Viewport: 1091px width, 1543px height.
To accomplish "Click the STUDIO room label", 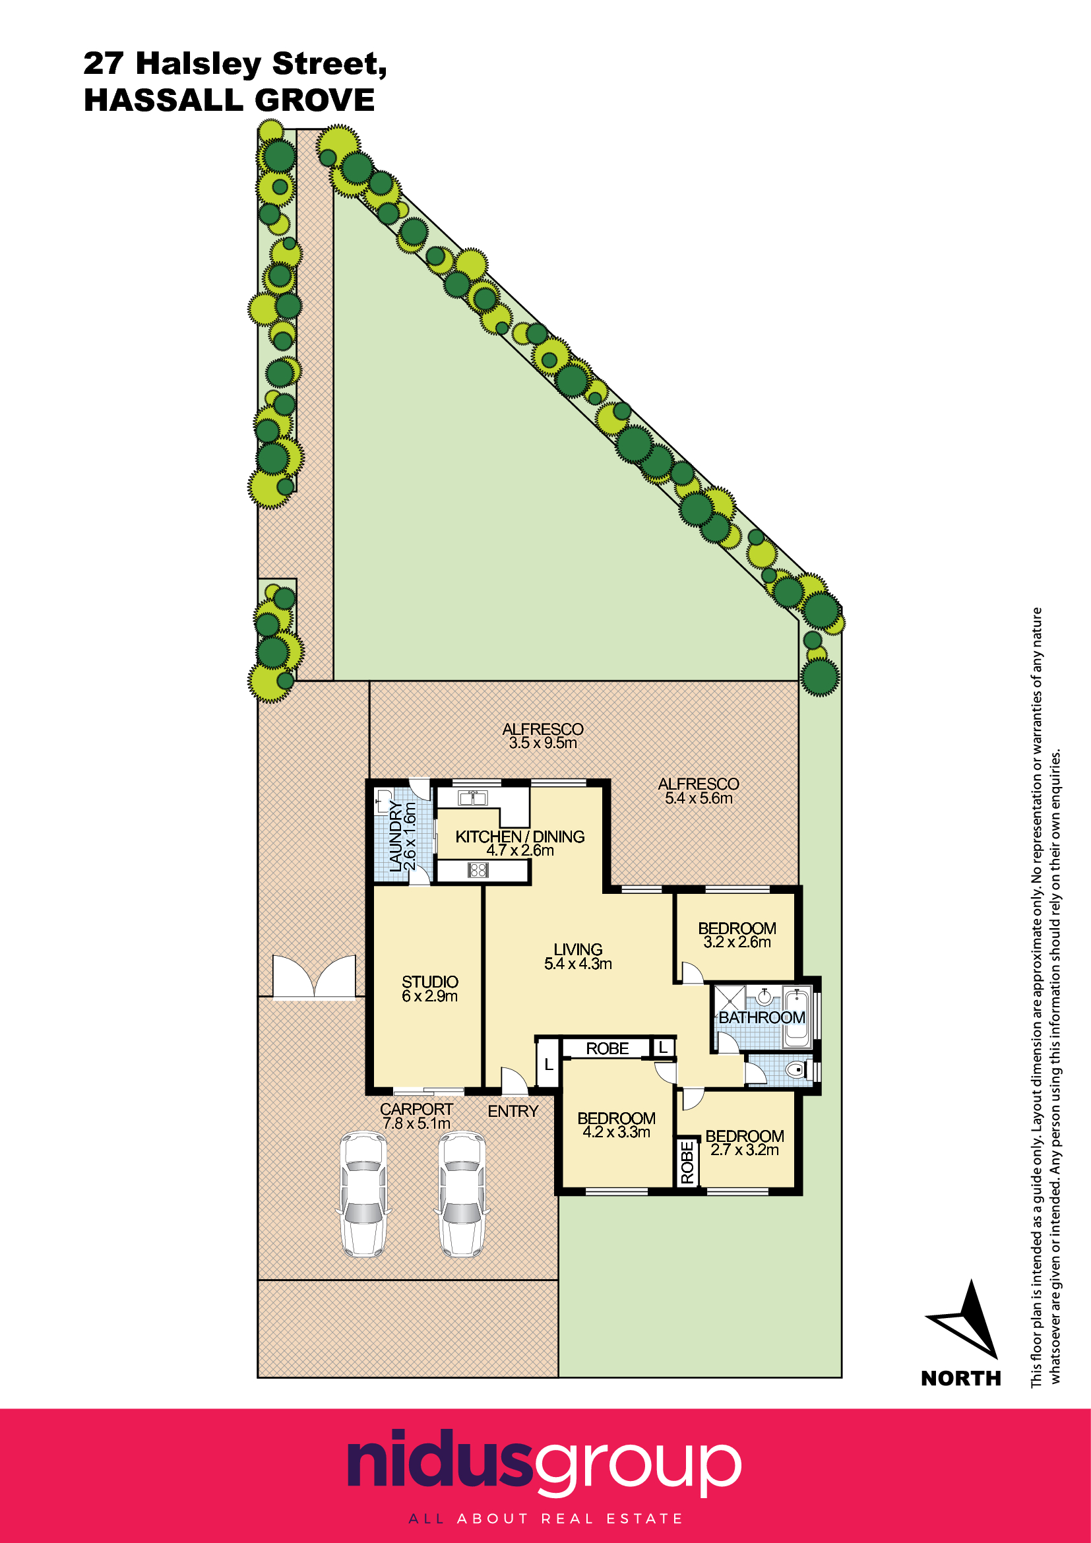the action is click(430, 982).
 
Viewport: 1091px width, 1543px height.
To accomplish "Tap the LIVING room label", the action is click(578, 949).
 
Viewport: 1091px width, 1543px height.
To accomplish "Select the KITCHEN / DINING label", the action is click(520, 836).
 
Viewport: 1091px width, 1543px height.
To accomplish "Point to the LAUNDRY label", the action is click(396, 836).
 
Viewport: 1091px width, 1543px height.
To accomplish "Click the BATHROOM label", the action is click(762, 1017).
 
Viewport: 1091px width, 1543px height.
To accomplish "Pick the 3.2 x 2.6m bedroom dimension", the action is click(737, 942).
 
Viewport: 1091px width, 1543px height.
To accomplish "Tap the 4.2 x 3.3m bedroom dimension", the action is click(616, 1133).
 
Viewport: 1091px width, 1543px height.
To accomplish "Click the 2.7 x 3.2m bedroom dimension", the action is click(744, 1150).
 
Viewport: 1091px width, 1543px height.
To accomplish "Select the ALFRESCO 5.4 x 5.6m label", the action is click(699, 791).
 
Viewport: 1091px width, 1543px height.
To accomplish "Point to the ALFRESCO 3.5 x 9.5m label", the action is click(543, 736).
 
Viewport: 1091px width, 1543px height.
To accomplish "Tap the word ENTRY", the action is click(513, 1112).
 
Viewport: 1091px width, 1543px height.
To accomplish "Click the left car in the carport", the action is click(363, 1194).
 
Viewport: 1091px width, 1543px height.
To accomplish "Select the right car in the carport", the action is click(462, 1194).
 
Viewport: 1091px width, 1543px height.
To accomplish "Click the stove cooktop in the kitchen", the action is click(478, 870).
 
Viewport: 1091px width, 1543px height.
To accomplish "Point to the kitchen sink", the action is click(472, 798).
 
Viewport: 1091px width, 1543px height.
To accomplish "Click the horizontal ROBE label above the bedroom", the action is click(608, 1048).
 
